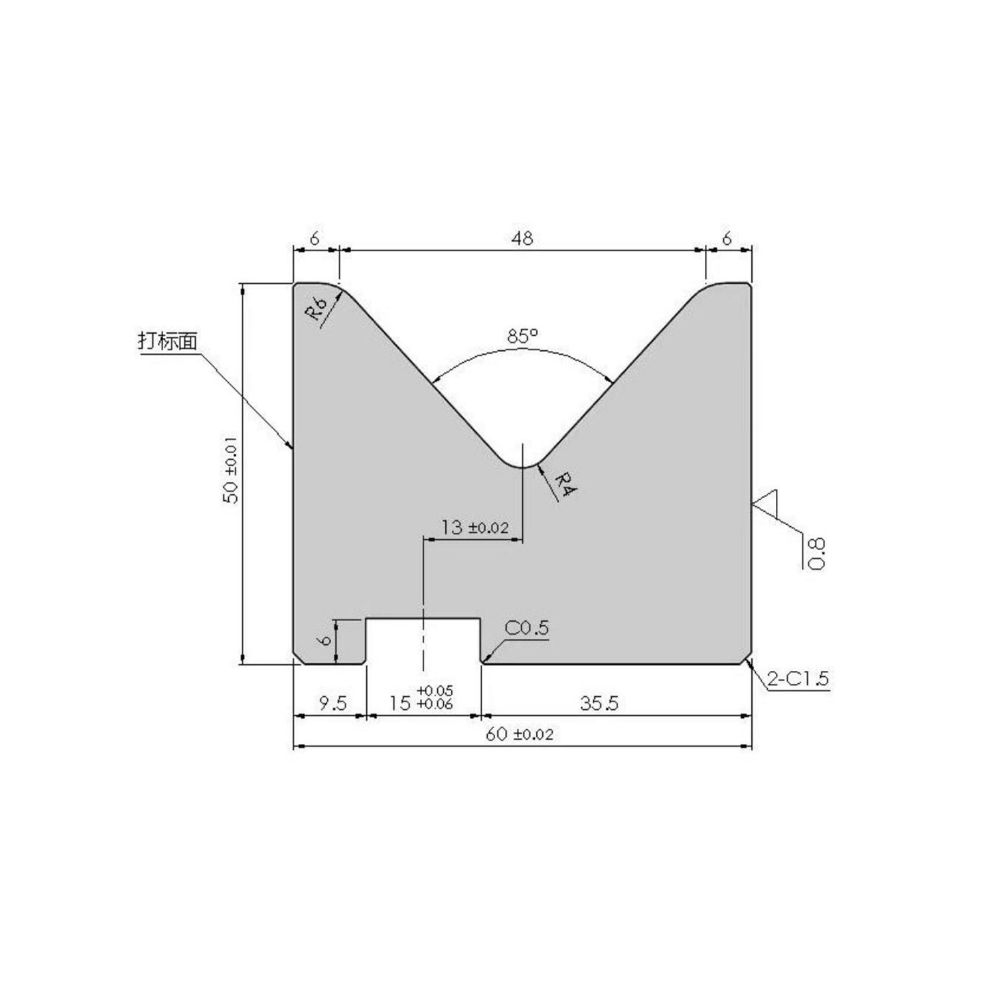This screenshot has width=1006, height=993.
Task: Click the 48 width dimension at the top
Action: click(522, 239)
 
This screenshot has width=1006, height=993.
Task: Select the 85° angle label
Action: click(522, 336)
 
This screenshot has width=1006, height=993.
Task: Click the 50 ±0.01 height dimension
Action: click(232, 470)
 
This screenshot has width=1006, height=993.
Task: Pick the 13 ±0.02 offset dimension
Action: click(474, 528)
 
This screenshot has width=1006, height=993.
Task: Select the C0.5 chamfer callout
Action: click(527, 628)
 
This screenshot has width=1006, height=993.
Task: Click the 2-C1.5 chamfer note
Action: click(797, 678)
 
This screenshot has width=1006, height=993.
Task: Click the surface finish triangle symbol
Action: click(766, 502)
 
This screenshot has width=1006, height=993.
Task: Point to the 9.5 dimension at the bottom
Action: click(332, 703)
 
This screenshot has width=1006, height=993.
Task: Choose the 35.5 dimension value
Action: click(599, 703)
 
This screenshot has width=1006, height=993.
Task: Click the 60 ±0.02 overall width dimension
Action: click(519, 734)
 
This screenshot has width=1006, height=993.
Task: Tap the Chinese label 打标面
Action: click(168, 341)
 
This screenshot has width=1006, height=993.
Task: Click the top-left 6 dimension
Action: click(315, 239)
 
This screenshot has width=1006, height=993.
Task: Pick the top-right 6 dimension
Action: click(727, 239)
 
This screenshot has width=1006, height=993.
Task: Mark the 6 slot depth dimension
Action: click(326, 639)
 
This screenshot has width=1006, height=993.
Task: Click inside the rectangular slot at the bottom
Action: click(423, 642)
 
